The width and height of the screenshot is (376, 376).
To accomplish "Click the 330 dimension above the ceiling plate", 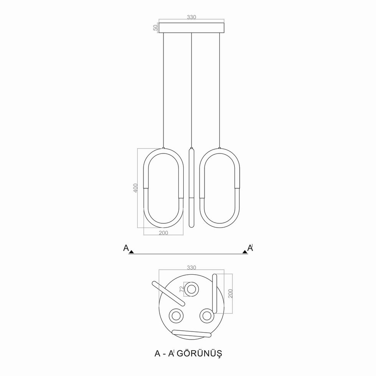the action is (x=191, y=17).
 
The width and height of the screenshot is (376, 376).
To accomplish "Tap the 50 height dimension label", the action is (x=156, y=28).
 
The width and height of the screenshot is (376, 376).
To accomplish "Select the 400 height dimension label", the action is (x=135, y=188).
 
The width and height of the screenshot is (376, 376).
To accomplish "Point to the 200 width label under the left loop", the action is (x=163, y=233).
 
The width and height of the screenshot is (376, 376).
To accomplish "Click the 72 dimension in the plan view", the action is (x=182, y=289).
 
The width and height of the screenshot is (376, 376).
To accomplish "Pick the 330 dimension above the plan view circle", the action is (x=191, y=267).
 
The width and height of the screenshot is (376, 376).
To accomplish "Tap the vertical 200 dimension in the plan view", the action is (x=231, y=294).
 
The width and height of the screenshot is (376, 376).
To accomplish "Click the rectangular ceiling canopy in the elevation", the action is (x=191, y=28).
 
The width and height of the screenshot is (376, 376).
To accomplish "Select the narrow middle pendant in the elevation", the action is (x=191, y=188).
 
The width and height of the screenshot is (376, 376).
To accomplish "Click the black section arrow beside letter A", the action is (x=131, y=252).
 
